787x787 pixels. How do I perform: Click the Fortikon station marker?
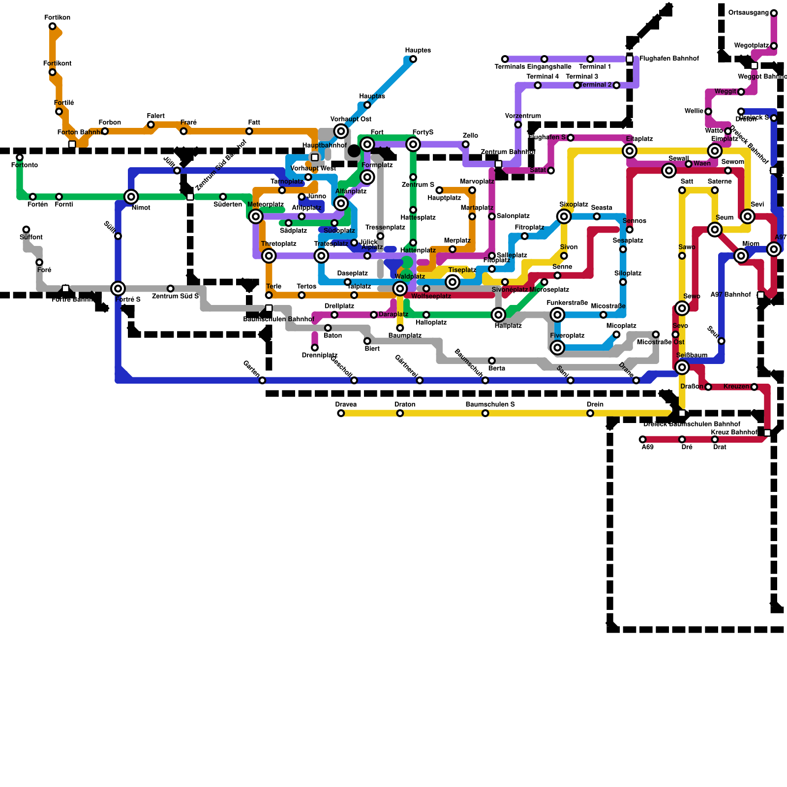pyautogui.click(x=53, y=27)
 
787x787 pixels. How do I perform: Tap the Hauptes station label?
pyautogui.click(x=418, y=51)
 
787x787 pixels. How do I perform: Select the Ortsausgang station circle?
pyautogui.click(x=774, y=13)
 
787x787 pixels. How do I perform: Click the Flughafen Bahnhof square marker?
pyautogui.click(x=630, y=59)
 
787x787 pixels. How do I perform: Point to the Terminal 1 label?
pyautogui.click(x=595, y=67)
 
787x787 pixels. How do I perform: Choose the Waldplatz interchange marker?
pyautogui.click(x=400, y=288)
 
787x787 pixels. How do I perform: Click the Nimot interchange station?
pyautogui.click(x=131, y=197)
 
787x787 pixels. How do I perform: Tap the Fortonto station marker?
pyautogui.click(x=20, y=157)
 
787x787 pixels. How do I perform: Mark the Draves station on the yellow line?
pyautogui.click(x=341, y=413)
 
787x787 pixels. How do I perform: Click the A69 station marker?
pyautogui.click(x=642, y=439)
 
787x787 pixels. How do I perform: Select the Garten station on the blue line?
pyautogui.click(x=262, y=380)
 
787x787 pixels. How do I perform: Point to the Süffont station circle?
pyautogui.click(x=27, y=230)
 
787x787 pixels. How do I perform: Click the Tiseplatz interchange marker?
pyautogui.click(x=453, y=282)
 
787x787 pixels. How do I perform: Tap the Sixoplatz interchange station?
pyautogui.click(x=564, y=216)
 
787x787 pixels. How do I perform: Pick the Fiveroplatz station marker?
pyautogui.click(x=557, y=348)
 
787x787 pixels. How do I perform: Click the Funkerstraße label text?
pyautogui.click(x=567, y=303)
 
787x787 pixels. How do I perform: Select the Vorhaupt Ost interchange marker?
pyautogui.click(x=341, y=131)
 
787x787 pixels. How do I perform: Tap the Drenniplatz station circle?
pyautogui.click(x=315, y=348)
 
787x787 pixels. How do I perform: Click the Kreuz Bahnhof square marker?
pyautogui.click(x=767, y=433)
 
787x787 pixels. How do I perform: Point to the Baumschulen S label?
pyautogui.click(x=490, y=405)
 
